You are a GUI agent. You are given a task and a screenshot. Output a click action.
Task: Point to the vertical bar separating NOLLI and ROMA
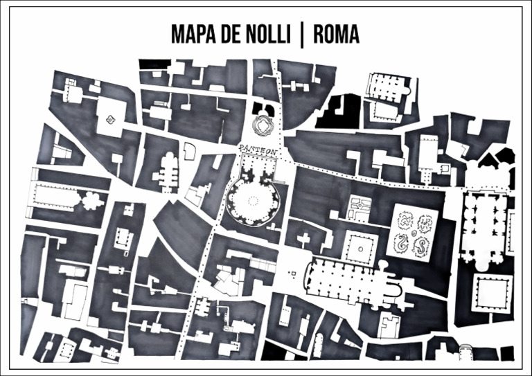point(301,35)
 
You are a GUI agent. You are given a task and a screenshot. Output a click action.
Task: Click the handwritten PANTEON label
point(258,149)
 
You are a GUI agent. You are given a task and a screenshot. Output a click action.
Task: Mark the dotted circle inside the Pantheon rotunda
point(253,202)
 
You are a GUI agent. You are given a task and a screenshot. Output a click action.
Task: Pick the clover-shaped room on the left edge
point(91,202)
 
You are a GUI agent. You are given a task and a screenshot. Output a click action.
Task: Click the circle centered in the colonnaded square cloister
point(360,247)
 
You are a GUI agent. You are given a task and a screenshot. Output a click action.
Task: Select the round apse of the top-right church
point(410,87)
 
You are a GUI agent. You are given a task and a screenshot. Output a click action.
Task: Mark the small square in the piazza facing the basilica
point(292,274)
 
